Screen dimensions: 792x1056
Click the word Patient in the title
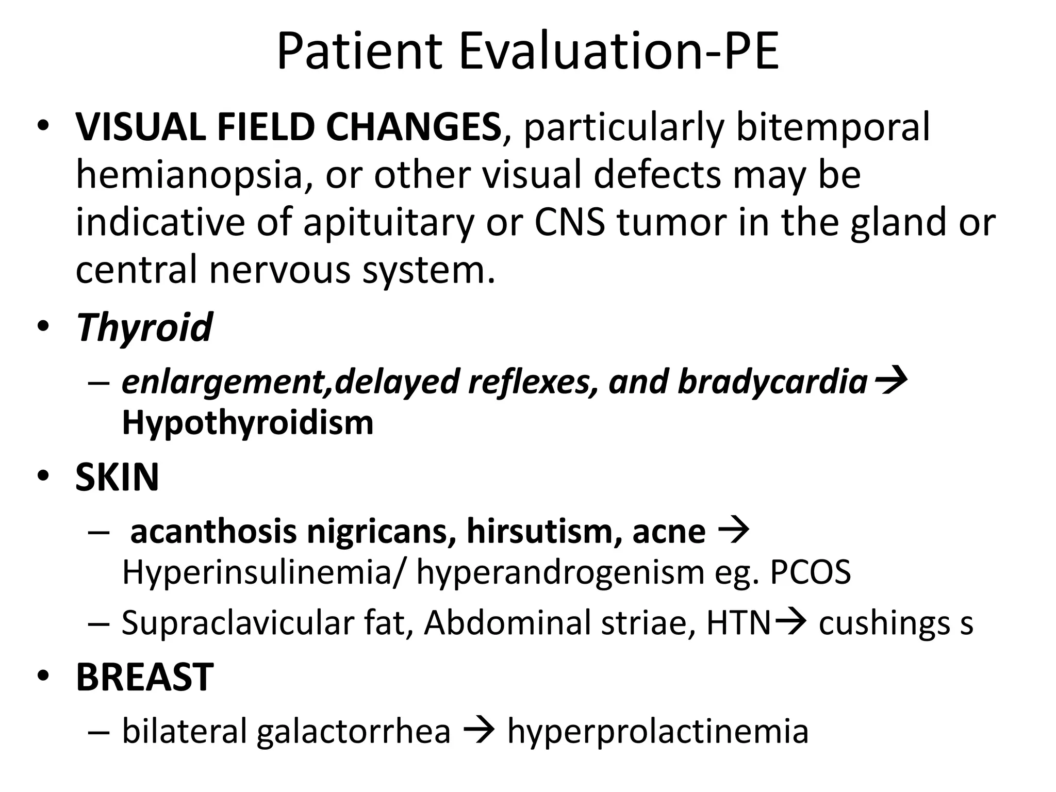[359, 52]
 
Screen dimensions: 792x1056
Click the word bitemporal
[833, 127]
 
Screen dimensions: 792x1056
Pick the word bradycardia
[772, 382]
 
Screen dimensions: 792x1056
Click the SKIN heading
[117, 477]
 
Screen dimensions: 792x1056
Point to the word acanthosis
[213, 532]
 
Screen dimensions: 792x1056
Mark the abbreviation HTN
[738, 623]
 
